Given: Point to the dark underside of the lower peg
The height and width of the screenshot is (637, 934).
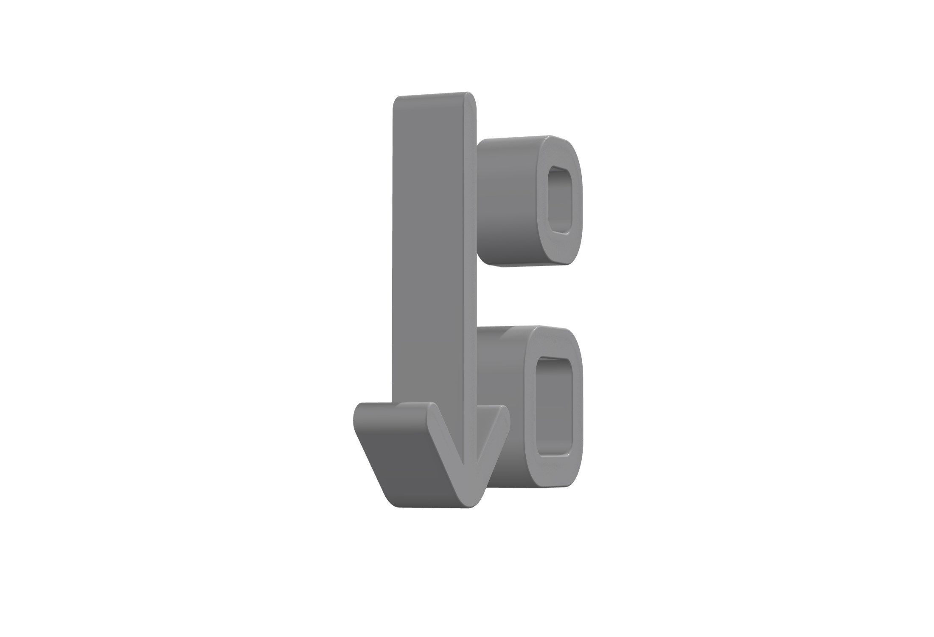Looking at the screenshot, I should [509, 478].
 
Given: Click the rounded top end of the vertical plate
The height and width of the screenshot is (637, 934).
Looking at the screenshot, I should [437, 96].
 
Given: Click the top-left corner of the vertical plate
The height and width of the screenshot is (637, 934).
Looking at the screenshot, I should [397, 100].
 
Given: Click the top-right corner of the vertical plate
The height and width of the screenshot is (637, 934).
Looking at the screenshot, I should [474, 96].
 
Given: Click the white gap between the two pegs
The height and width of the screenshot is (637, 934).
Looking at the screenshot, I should [530, 297].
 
